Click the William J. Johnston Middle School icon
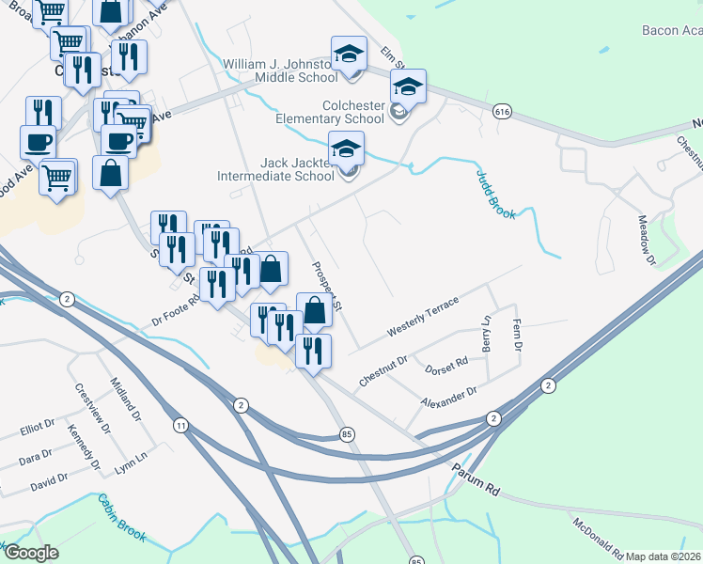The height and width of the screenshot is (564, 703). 349,54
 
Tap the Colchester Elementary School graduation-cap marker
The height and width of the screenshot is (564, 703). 408,87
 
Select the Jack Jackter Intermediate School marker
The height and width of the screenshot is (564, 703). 345,149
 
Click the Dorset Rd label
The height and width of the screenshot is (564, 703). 446,363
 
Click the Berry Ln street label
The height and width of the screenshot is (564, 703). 486,333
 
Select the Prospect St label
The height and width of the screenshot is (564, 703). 329,286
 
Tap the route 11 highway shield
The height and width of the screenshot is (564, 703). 180,427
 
